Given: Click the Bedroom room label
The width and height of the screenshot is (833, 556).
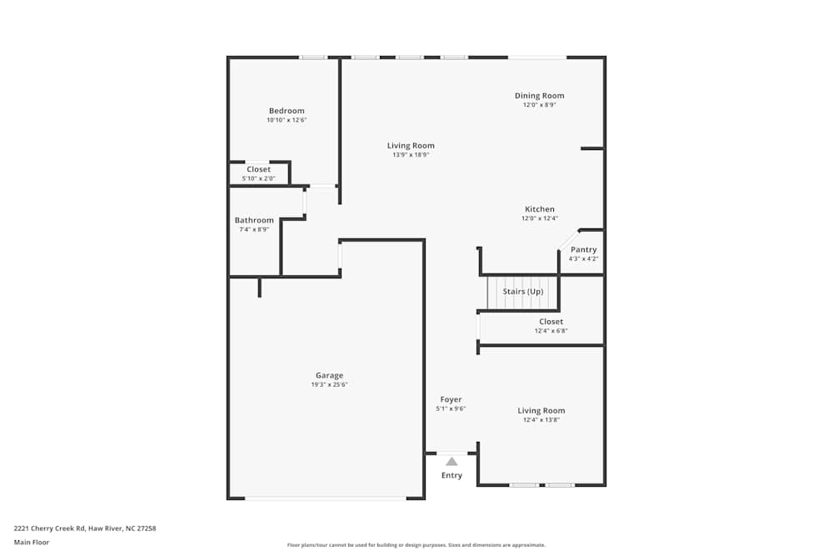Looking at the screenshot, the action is [x=287, y=111].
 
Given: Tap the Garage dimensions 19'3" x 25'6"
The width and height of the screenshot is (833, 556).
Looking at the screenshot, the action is [x=329, y=384].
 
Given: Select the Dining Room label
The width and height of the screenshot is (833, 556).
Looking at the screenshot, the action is [x=539, y=96].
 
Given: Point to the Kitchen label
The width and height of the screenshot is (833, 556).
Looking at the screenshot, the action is [x=540, y=209].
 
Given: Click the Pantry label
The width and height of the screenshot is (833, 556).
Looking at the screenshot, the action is [x=583, y=250].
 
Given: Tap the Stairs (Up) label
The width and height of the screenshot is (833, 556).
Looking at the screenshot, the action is [x=523, y=291].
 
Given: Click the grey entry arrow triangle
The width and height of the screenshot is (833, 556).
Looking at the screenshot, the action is [x=451, y=461].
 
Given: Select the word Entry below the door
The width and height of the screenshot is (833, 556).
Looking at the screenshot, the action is [x=451, y=475].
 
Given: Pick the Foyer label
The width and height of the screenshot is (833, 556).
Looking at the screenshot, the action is [x=451, y=399].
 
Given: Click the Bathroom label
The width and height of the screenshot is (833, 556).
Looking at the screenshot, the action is [x=254, y=220].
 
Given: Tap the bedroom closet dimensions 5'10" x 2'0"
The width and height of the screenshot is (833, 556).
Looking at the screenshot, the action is [x=259, y=178].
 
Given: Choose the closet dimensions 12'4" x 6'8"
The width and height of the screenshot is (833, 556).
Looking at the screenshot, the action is [x=551, y=331].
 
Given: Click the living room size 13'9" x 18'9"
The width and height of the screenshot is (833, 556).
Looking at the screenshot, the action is [x=411, y=155].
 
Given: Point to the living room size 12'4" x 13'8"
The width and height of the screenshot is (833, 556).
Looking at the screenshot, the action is [x=541, y=420].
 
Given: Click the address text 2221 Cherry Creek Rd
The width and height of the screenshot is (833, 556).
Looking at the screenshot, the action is [x=49, y=528].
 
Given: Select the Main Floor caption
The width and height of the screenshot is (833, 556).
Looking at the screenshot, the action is [x=32, y=542].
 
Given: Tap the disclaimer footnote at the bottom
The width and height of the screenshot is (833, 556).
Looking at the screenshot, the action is [x=416, y=545].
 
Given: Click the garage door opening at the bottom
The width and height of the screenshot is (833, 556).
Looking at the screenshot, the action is [x=326, y=498].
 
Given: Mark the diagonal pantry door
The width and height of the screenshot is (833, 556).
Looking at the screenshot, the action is [x=568, y=239].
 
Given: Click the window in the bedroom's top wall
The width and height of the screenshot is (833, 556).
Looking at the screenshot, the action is [x=313, y=58].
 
